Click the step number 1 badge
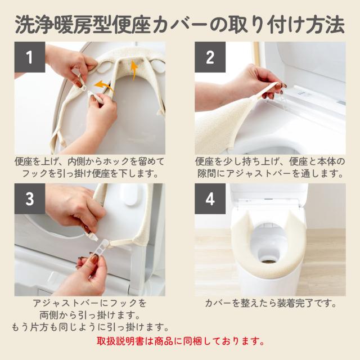pyautogui.click(x=30, y=57)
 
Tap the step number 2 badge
pyautogui.click(x=210, y=57)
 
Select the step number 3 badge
pyautogui.click(x=30, y=199)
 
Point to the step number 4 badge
pyautogui.click(x=210, y=199)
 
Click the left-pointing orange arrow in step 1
pyautogui.click(x=103, y=85)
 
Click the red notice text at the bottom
pyautogui.click(x=181, y=341)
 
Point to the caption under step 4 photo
pyautogui.click(x=271, y=303)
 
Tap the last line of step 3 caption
pyautogui.click(x=90, y=327)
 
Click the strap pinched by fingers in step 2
pyautogui.click(x=268, y=91)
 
